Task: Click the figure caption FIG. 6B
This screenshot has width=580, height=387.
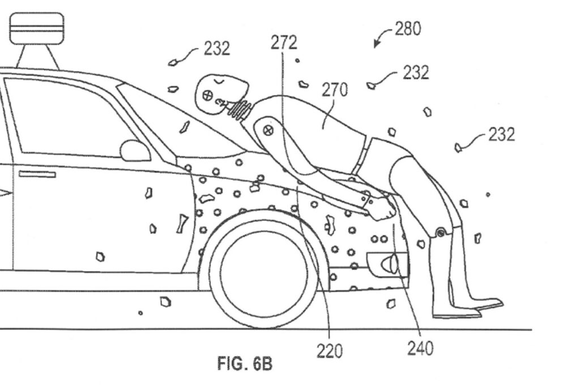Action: tap(245, 363)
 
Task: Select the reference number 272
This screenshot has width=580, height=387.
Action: tap(284, 42)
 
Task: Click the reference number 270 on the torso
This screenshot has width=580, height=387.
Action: tap(335, 90)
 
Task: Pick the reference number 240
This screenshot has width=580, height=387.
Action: tap(420, 347)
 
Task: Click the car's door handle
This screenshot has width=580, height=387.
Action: tap(37, 174)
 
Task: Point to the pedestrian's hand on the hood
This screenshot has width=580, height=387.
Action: tap(382, 210)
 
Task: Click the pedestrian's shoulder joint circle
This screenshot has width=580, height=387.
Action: tap(270, 129)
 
